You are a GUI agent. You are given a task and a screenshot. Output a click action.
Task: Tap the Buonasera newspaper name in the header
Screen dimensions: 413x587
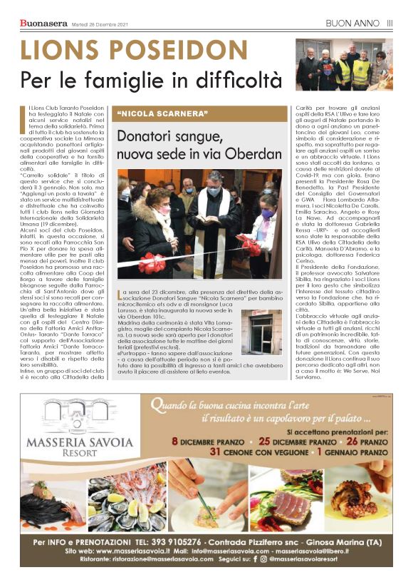pos(42,24)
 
